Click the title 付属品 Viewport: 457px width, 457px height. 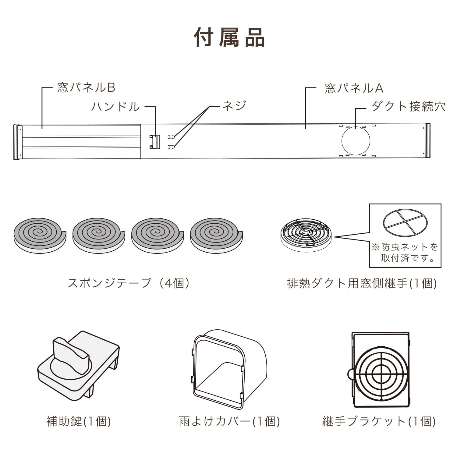pyautogui.click(x=229, y=37)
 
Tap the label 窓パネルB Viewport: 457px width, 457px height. pyautogui.click(x=86, y=88)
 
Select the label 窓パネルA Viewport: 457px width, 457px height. pyautogui.click(x=354, y=88)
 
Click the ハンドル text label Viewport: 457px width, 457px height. pyautogui.click(x=115, y=107)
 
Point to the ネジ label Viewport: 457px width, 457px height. pyautogui.click(x=234, y=106)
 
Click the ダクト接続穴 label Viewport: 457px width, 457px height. pyautogui.click(x=408, y=106)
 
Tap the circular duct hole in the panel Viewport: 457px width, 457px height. pyautogui.click(x=356, y=141)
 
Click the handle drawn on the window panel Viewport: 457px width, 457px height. pyautogui.click(x=155, y=141)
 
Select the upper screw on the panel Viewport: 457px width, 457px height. pyautogui.click(x=171, y=136)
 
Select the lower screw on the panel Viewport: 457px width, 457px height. pyautogui.click(x=171, y=147)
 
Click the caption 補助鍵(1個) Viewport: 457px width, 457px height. pyautogui.click(x=79, y=421)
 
